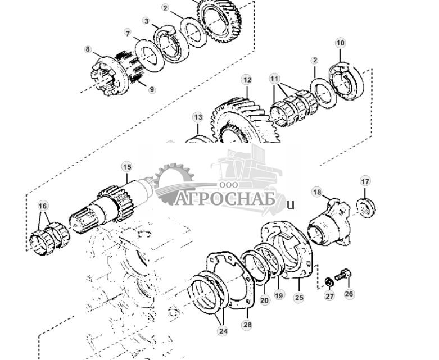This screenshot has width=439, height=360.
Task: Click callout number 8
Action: (88, 49)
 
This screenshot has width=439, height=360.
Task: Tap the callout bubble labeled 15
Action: (127, 167)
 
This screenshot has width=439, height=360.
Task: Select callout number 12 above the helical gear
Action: (247, 80)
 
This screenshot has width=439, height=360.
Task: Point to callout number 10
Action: (340, 43)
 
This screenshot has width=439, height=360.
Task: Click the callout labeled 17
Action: (365, 181)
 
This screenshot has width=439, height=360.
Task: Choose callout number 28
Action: (247, 325)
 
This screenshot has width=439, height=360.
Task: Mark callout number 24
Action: (223, 331)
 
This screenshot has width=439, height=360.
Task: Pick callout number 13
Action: (198, 117)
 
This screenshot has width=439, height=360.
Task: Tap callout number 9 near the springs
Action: (152, 89)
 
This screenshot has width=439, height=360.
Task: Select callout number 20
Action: (264, 300)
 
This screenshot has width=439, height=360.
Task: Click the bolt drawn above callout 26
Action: (342, 275)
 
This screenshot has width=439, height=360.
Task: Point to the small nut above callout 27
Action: (329, 281)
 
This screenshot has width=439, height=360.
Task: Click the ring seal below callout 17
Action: (366, 208)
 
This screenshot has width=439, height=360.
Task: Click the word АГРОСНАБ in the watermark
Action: (225, 199)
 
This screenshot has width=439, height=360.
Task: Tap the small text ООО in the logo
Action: (227, 185)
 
